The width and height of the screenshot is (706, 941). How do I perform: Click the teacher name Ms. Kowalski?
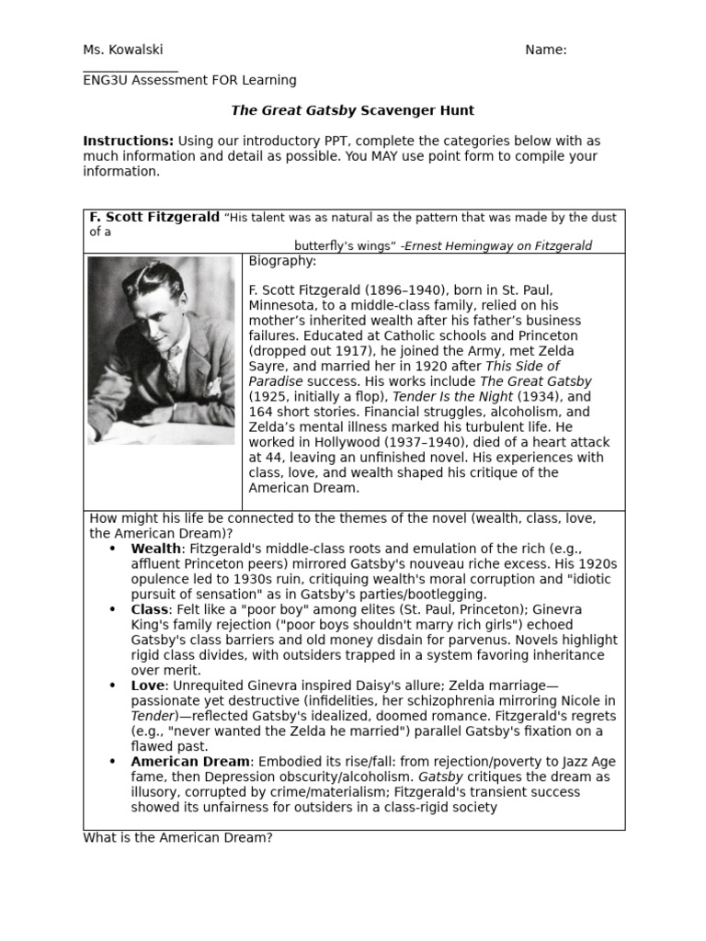pyautogui.click(x=122, y=50)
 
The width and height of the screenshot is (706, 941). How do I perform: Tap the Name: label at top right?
pyautogui.click(x=545, y=50)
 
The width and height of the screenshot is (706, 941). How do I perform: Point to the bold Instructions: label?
pyautogui.click(x=128, y=141)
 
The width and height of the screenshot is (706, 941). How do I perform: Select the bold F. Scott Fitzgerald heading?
pyautogui.click(x=154, y=217)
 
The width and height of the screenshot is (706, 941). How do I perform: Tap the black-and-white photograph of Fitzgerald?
pyautogui.click(x=161, y=349)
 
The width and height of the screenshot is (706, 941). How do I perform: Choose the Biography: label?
pyautogui.click(x=282, y=261)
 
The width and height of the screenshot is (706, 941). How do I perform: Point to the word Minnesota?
pyautogui.click(x=285, y=306)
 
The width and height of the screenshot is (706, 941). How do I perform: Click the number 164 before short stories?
pyautogui.click(x=262, y=412)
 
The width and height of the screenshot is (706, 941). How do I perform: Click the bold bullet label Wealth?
pyautogui.click(x=155, y=549)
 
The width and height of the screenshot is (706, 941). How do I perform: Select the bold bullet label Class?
pyautogui.click(x=149, y=609)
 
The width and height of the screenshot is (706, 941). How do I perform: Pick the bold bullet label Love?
pyautogui.click(x=147, y=686)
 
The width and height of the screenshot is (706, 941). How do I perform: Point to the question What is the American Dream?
pyautogui.click(x=177, y=838)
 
